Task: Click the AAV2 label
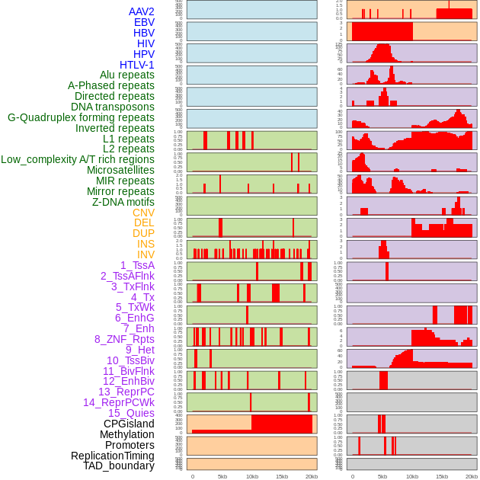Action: [x=141, y=11]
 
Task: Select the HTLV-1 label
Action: [x=136, y=65]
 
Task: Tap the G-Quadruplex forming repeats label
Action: [x=81, y=117]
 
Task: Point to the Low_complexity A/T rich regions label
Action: [x=77, y=159]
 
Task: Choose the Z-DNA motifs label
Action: [x=123, y=202]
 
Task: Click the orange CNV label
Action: [x=143, y=213]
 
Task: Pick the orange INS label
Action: [x=146, y=244]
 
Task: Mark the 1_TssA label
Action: [x=137, y=265]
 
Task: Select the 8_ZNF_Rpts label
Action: [x=124, y=339]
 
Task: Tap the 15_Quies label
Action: [x=131, y=413]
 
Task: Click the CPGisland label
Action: [x=129, y=424]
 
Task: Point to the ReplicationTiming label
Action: [x=112, y=456]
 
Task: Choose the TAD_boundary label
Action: [x=118, y=466]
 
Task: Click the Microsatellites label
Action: [x=120, y=170]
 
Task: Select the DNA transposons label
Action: [x=112, y=107]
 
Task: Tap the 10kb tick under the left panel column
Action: [x=251, y=476]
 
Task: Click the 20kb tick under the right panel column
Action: [x=472, y=476]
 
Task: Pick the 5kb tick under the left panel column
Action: [x=222, y=476]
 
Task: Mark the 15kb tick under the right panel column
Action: [x=442, y=476]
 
